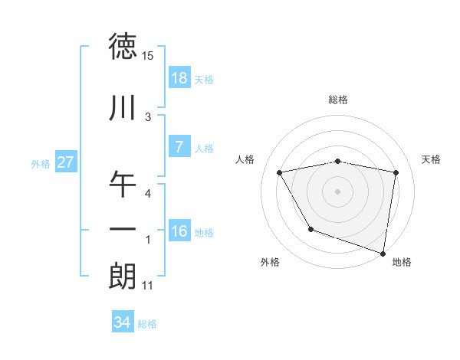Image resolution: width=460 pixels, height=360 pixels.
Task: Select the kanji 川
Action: coord(123,109)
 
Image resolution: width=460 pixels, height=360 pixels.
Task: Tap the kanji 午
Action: coord(123,184)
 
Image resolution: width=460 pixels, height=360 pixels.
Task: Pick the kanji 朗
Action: coord(123,276)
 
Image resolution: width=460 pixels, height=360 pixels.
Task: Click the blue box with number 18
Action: coord(179,78)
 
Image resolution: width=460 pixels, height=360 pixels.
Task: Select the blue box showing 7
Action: coord(179,147)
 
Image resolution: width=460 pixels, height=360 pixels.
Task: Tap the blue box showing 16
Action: coord(179,231)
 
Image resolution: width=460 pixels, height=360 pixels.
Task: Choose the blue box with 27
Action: coord(65,162)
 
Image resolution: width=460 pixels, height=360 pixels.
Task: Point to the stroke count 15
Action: coord(147,56)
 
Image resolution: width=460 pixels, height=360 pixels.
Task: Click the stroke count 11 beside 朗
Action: coord(147,286)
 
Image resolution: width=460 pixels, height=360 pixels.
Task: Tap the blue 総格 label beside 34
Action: coord(147,324)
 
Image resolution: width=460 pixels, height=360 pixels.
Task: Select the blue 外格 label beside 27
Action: coord(41,163)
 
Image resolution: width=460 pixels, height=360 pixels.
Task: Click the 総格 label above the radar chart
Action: coord(338,100)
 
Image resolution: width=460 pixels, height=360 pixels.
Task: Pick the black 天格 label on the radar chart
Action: coord(432,159)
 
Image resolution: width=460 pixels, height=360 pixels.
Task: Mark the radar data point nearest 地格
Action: coord(383,252)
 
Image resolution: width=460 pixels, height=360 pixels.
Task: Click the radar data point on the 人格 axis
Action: coord(280,172)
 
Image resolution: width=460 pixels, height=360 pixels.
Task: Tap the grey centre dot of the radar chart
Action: coord(338,191)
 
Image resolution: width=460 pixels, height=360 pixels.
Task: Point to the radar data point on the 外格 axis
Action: coord(310,229)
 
